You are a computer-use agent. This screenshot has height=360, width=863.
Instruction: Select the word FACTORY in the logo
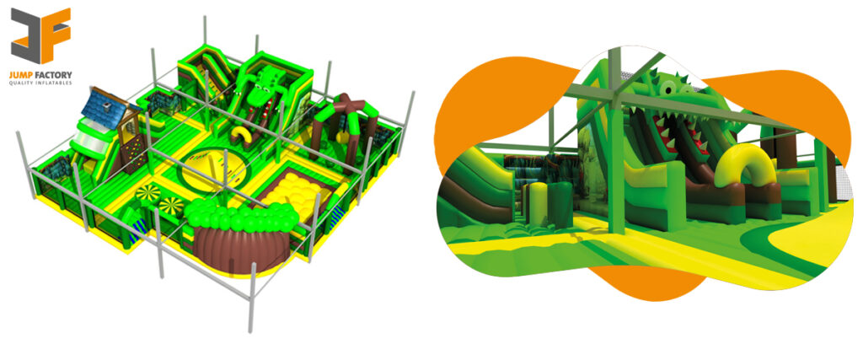53,74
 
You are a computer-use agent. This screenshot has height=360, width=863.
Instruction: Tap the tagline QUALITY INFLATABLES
41,83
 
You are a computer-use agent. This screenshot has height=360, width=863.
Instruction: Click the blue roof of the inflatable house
101,106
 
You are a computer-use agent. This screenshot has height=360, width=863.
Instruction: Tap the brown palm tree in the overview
346,114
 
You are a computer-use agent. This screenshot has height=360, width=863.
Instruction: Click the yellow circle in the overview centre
212,164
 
